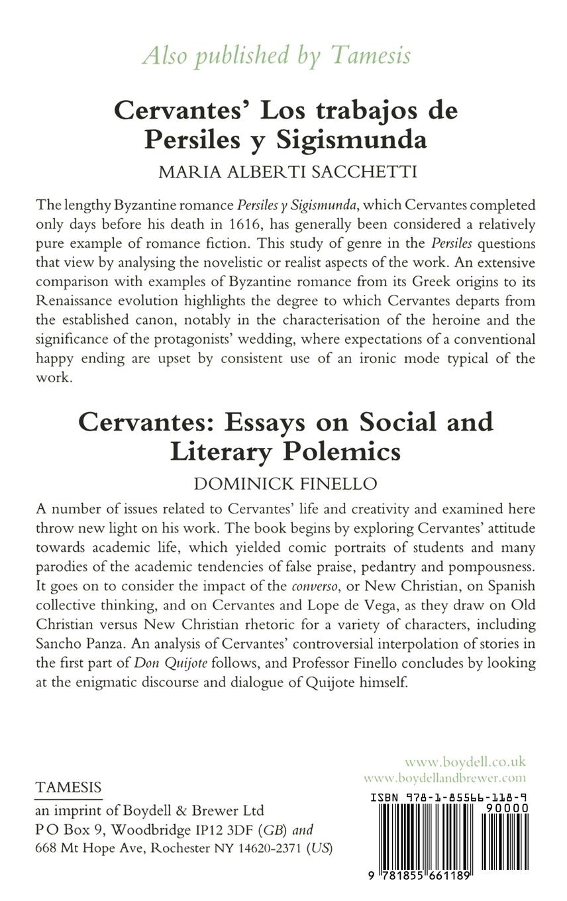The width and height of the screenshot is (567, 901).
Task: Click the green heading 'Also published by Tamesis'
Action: click(x=276, y=56)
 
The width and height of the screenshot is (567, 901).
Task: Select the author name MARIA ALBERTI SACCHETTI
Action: click(x=287, y=172)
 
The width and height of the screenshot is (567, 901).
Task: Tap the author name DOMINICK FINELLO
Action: click(x=285, y=484)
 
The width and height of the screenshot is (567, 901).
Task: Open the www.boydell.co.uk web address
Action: click(x=465, y=762)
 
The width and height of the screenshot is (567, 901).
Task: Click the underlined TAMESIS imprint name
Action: click(x=69, y=787)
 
